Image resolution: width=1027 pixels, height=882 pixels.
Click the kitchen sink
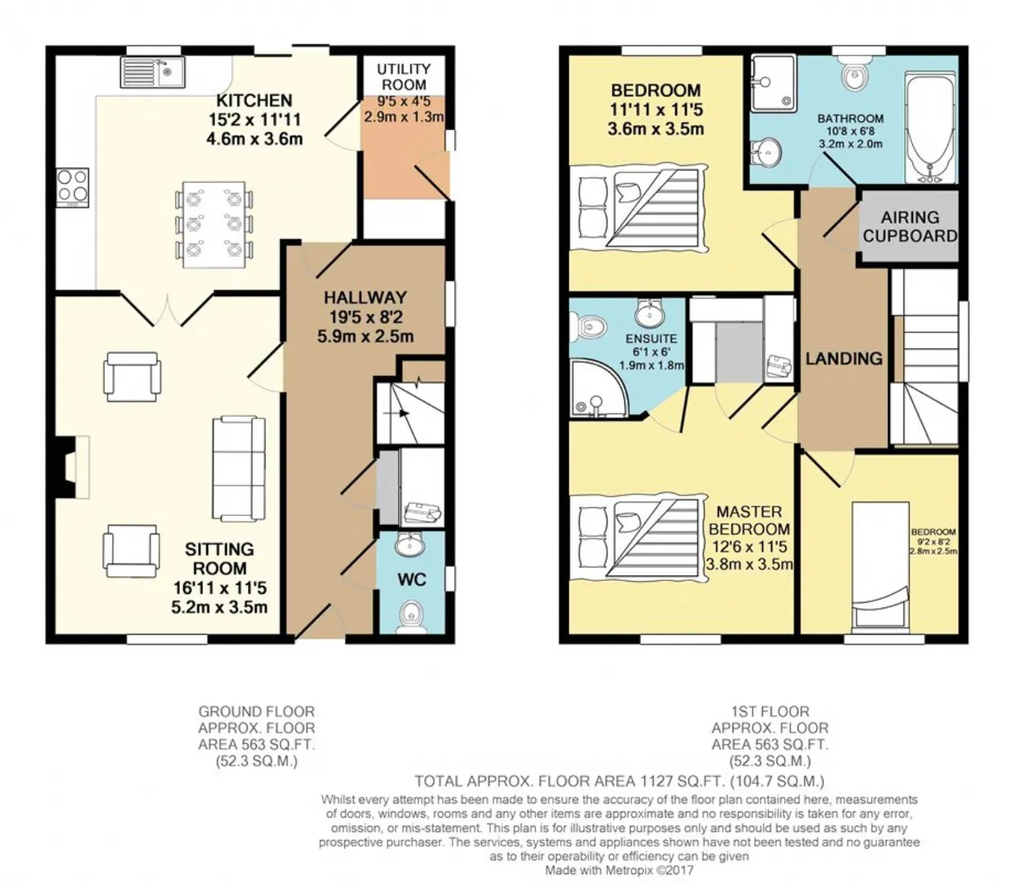[152, 72]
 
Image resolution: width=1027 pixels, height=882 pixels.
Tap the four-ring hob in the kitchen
[72, 188]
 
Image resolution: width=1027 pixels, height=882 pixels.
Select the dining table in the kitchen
[213, 225]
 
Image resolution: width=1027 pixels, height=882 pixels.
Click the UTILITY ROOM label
[404, 76]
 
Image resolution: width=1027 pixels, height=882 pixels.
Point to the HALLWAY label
[366, 298]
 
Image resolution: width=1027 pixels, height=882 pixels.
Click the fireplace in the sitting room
[72, 467]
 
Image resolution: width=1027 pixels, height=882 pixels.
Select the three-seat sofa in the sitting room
[239, 469]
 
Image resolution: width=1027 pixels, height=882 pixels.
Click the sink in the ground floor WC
[410, 545]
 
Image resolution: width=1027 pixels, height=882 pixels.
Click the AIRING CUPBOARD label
[910, 226]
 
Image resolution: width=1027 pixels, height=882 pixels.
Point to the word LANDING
[843, 358]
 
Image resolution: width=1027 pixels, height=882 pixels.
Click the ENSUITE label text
[651, 339]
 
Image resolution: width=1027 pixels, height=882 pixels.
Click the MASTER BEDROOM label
[749, 520]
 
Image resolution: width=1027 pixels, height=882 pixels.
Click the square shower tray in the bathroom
[773, 83]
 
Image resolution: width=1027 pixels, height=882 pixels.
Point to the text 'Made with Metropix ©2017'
[619, 870]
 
